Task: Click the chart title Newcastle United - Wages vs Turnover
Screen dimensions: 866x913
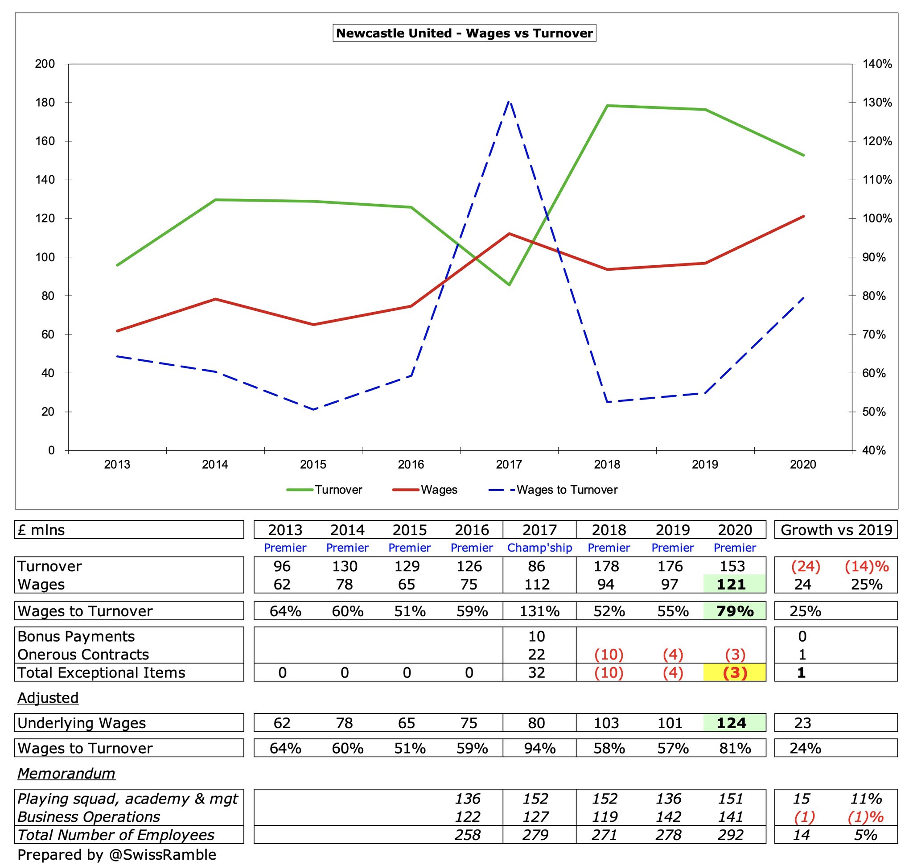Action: [x=464, y=33]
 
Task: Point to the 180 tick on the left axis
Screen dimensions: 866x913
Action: [x=45, y=103]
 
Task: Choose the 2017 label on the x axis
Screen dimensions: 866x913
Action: [x=509, y=464]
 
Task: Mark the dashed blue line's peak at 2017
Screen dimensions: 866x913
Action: [x=509, y=101]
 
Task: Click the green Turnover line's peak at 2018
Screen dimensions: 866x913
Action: [x=607, y=106]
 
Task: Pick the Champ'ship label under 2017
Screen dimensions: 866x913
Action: [x=539, y=548]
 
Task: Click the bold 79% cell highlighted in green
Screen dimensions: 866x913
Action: [x=734, y=611]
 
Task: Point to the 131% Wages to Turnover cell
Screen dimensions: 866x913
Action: [x=539, y=611]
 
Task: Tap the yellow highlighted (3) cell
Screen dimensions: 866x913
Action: [x=734, y=672]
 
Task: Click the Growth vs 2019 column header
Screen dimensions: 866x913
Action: [x=836, y=530]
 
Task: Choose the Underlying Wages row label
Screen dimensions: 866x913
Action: [x=82, y=723]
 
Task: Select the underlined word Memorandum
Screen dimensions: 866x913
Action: [x=66, y=774]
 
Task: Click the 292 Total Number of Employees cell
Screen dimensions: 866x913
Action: [x=731, y=835]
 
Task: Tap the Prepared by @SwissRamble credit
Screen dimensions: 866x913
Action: [x=117, y=855]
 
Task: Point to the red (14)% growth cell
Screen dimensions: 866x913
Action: [x=866, y=566]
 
